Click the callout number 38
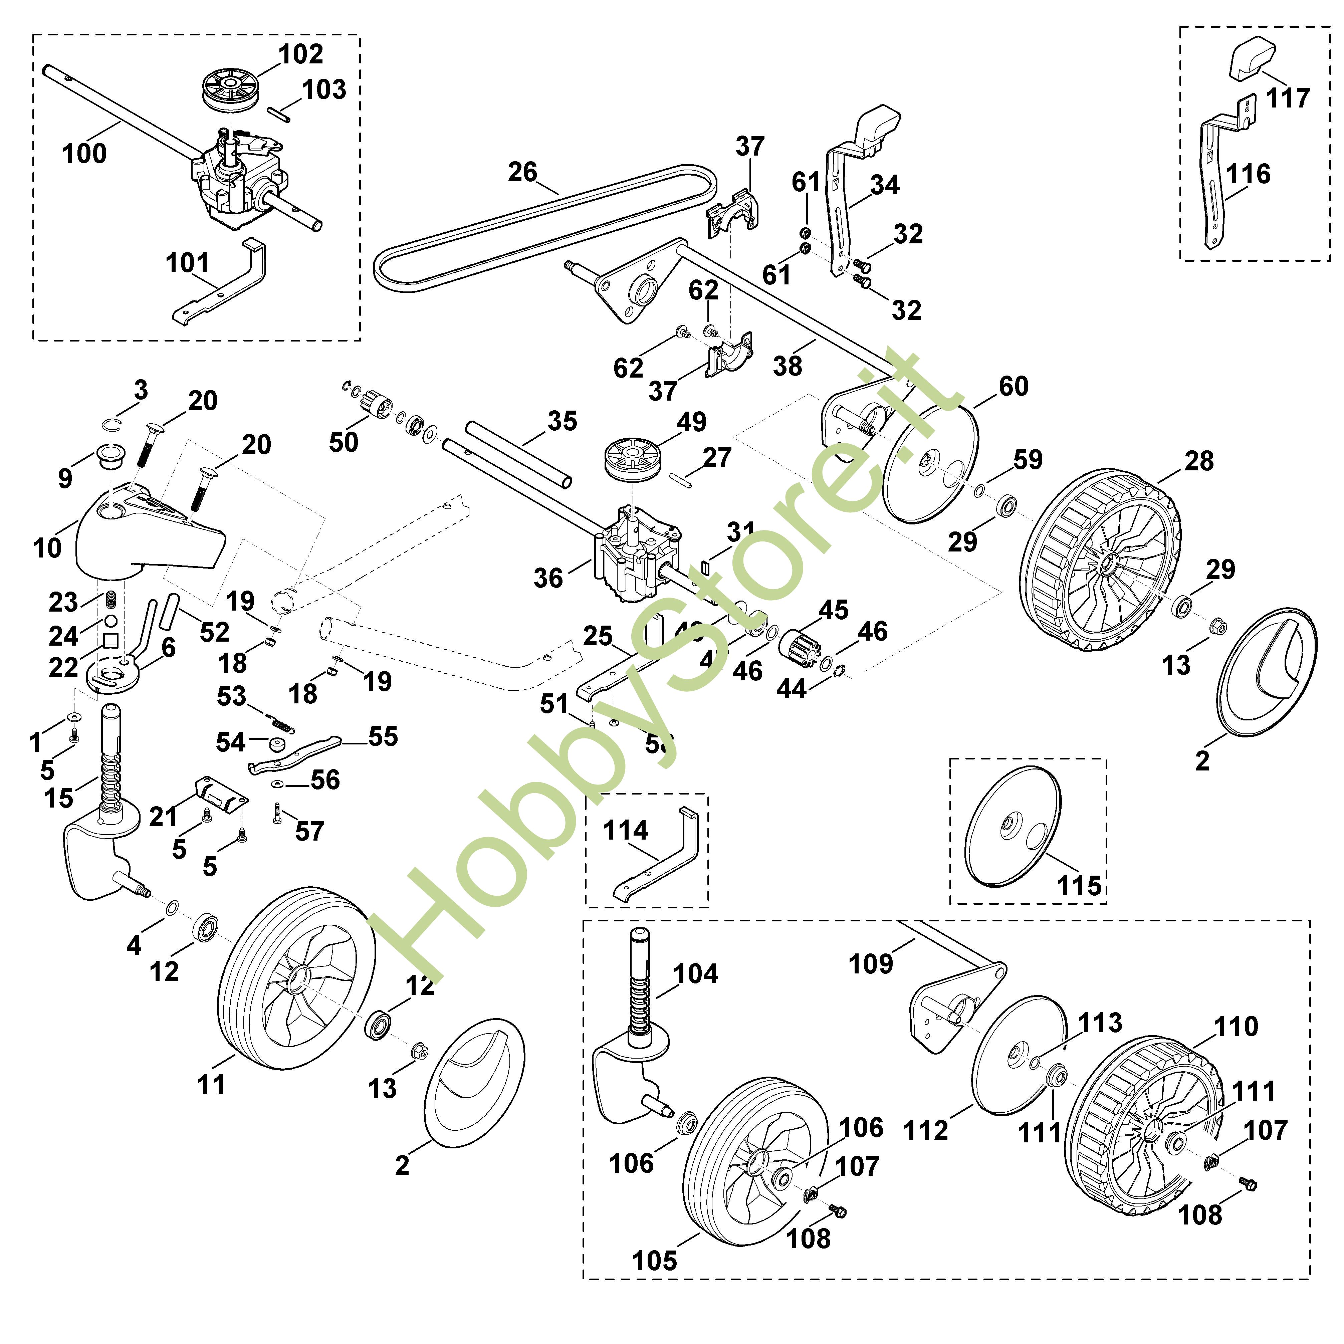(788, 366)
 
